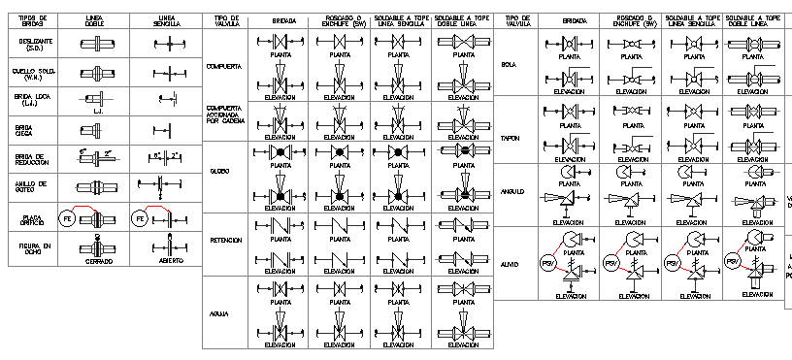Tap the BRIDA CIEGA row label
point(25,129)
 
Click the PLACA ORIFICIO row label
point(33,220)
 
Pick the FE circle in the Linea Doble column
point(67,218)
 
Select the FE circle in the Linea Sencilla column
point(139,218)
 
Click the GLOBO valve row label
point(218,172)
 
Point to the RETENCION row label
point(225,239)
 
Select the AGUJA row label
point(218,312)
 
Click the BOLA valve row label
point(509,66)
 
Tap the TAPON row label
point(511,138)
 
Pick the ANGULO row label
point(512,191)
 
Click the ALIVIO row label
point(511,264)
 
